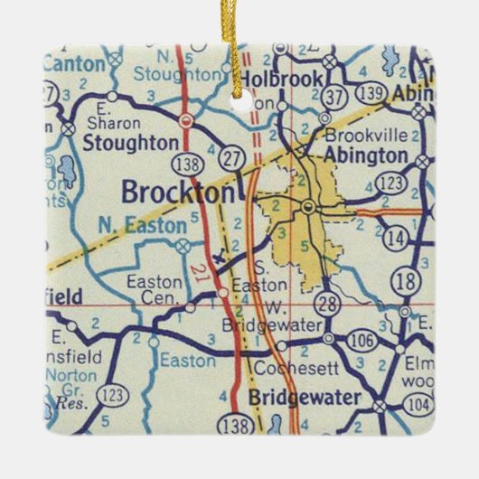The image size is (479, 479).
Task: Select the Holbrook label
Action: (279, 80)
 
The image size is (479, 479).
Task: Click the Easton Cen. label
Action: (154, 289)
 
